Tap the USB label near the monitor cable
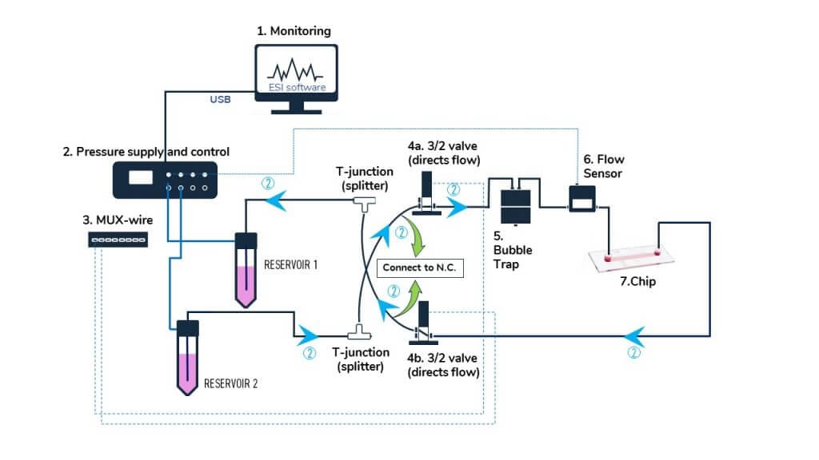click(x=220, y=101)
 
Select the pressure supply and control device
click(x=165, y=180)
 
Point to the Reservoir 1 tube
click(x=246, y=268)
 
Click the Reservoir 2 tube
click(x=187, y=355)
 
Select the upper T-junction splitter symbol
click(x=365, y=203)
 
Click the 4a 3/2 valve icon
click(x=424, y=196)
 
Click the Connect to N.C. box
click(x=418, y=268)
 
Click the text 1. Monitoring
click(x=294, y=31)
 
